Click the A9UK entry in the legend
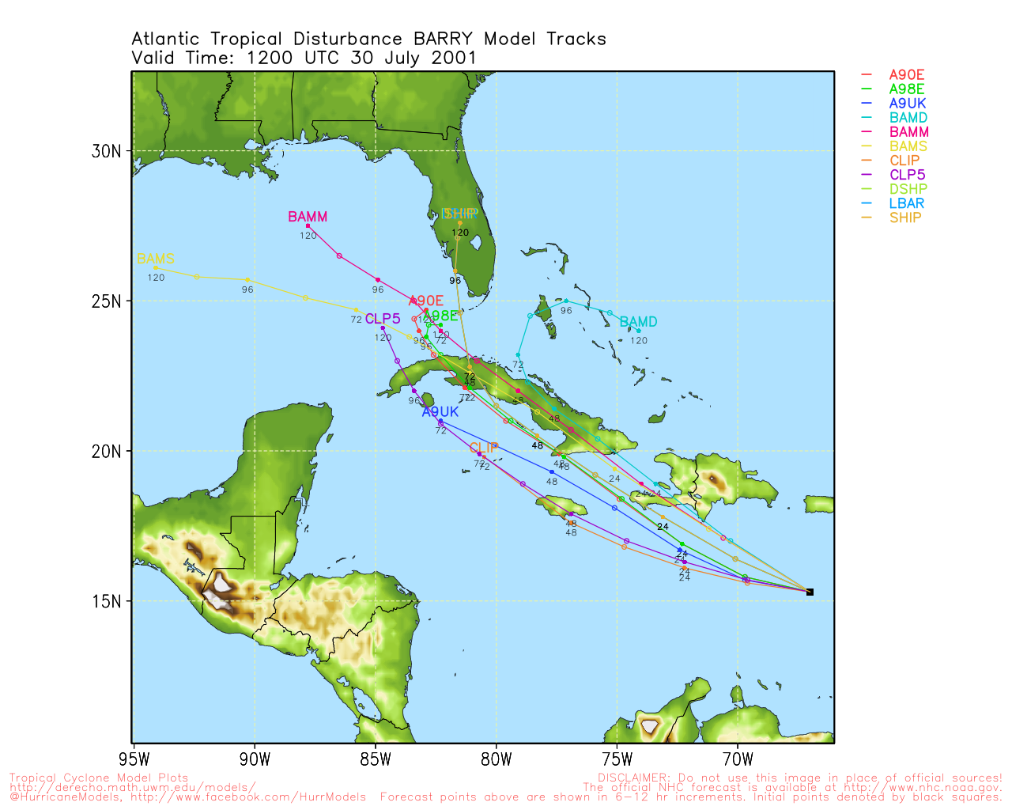[907, 104]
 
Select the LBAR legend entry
[907, 203]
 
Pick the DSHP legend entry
[908, 189]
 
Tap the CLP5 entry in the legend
[907, 175]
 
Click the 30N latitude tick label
[107, 151]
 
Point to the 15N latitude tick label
[107, 601]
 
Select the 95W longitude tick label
[134, 760]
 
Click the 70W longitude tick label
[738, 760]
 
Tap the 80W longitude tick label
[497, 760]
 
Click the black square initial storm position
[810, 592]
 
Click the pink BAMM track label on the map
[308, 217]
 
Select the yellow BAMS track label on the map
[156, 259]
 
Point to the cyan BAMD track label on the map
[638, 322]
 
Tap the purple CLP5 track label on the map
[383, 319]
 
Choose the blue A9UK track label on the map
[440, 412]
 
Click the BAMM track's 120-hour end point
[308, 226]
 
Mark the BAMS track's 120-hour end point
[156, 268]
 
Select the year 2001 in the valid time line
[454, 58]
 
